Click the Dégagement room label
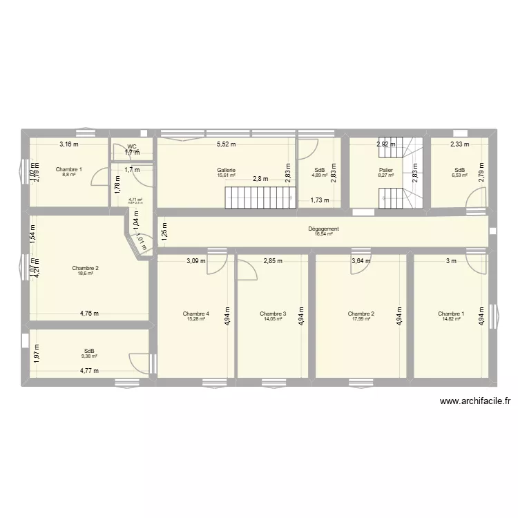tap(323, 229)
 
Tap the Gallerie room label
tap(226, 170)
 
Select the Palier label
tap(385, 170)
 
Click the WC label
tap(132, 146)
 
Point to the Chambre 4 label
tap(196, 314)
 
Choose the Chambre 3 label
tap(273, 314)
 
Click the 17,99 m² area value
tap(361, 319)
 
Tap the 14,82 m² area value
tap(451, 319)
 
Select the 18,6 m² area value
tap(86, 274)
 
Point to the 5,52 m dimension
tap(226, 145)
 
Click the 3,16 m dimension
tap(68, 145)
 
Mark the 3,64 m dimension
tap(361, 261)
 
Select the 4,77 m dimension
tap(89, 371)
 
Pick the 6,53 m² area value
tap(459, 175)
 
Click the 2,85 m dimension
tap(273, 261)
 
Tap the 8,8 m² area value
tap(68, 175)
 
